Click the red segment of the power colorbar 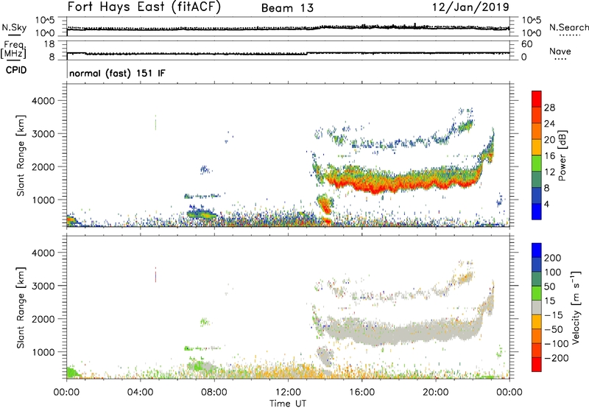(537, 107)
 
